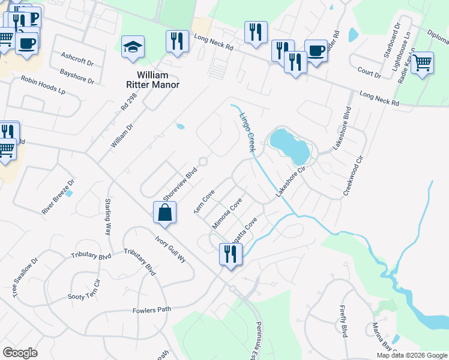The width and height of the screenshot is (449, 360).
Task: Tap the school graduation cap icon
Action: (x=133, y=47)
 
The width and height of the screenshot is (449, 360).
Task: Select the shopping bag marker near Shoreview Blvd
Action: (x=165, y=212)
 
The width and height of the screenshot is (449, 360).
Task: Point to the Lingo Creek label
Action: (x=247, y=132)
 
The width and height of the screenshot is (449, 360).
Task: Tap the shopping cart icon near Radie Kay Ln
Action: (x=423, y=62)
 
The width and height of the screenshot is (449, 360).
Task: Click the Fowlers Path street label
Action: (x=152, y=310)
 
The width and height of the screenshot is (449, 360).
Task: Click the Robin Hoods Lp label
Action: (x=43, y=86)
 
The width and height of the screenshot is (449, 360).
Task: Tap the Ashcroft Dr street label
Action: (x=77, y=59)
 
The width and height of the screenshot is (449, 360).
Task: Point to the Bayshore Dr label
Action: (x=77, y=76)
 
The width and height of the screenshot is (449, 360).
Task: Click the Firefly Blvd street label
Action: (x=343, y=322)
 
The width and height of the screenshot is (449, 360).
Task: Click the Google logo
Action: (x=20, y=352)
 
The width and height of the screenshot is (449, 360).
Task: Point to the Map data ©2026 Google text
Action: (x=412, y=355)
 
